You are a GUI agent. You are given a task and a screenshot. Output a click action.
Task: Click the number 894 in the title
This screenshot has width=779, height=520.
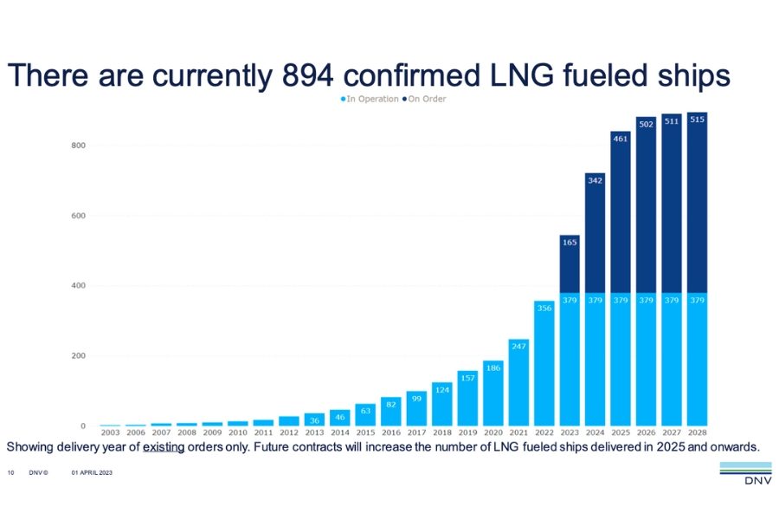(307, 76)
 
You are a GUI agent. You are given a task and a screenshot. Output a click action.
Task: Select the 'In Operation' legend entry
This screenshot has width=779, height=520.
(370, 99)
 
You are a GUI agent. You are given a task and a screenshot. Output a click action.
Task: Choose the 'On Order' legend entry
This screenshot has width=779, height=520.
(424, 99)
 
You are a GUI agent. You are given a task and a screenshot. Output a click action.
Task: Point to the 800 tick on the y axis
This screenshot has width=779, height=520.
(79, 146)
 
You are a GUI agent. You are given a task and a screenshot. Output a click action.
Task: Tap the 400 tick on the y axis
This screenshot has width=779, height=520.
(79, 286)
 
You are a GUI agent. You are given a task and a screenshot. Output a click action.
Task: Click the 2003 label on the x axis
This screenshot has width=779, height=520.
(110, 432)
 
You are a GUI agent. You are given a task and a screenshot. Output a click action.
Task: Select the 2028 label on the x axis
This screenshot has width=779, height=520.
(697, 432)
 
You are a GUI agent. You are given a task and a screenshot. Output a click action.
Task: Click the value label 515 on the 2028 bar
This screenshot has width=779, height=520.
(697, 120)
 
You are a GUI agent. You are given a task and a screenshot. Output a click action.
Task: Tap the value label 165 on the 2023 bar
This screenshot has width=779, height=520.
(570, 243)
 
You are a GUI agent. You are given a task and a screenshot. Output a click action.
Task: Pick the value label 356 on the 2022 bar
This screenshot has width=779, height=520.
(544, 308)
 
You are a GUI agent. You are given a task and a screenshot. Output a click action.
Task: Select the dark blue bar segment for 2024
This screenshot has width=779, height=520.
(596, 233)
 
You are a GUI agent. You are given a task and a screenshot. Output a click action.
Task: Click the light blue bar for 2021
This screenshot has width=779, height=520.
(518, 382)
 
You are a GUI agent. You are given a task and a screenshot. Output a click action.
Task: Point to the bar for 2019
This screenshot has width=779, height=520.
(467, 398)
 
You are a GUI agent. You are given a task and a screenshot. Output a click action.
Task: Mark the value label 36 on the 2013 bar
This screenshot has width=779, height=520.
(314, 420)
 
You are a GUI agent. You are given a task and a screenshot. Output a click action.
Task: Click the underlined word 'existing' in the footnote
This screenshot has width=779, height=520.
(164, 447)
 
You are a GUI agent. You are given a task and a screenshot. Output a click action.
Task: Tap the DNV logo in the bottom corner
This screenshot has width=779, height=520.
(746, 474)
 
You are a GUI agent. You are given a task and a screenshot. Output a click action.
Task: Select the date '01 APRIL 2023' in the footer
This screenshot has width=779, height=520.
(92, 472)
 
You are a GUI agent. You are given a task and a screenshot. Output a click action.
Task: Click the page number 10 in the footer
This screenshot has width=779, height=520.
(11, 472)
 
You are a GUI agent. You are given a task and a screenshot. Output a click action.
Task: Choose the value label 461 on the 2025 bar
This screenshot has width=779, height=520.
(621, 139)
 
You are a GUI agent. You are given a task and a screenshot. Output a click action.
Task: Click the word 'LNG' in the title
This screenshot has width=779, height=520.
(521, 76)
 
